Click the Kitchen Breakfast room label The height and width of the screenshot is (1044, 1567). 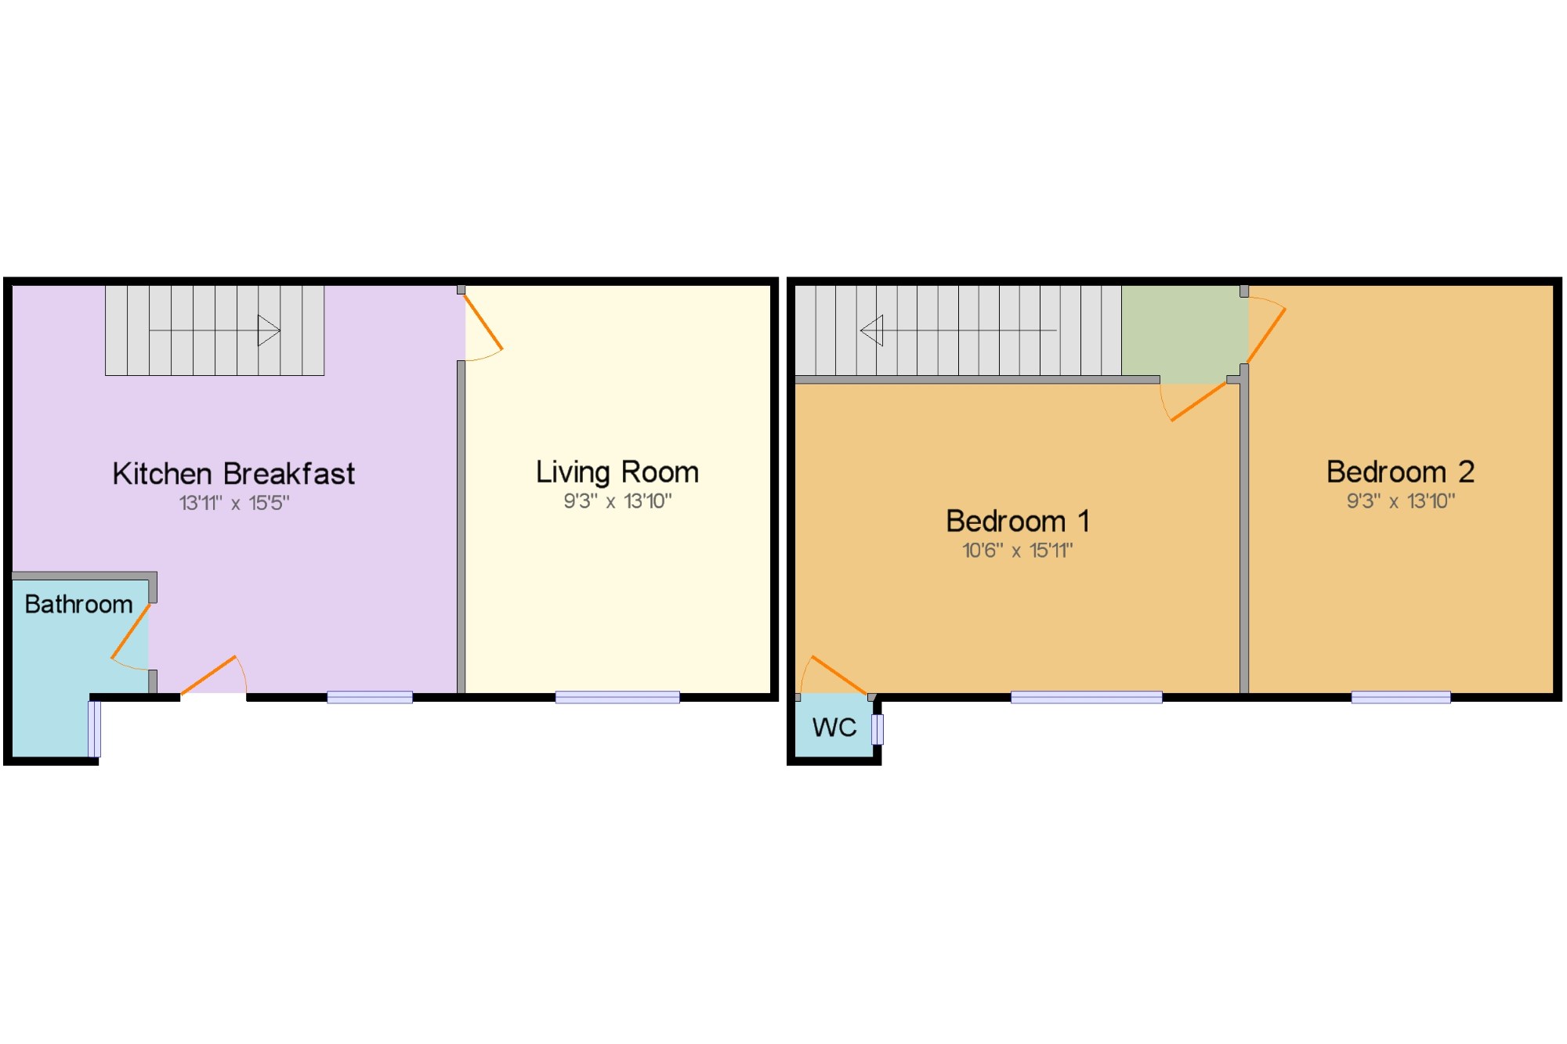point(233,474)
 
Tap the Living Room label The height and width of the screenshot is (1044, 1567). point(617,472)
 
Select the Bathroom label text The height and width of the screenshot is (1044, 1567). point(78,604)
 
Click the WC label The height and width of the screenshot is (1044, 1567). point(834,728)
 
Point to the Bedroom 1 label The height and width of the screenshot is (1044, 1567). point(1018,521)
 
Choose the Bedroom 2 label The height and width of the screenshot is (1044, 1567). point(1401,471)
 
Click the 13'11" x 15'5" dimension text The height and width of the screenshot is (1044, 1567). point(234,503)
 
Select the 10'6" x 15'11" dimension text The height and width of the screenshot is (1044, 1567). point(1018,551)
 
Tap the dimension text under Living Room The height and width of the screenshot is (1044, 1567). point(617,501)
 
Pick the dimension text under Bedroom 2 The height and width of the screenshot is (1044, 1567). point(1401,501)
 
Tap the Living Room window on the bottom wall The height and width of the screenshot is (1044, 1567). point(617,698)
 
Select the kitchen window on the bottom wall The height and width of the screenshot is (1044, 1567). point(370,698)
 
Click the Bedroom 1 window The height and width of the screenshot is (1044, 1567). point(1086,698)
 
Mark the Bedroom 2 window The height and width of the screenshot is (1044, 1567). point(1401,698)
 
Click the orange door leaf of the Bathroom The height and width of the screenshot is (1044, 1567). point(130,631)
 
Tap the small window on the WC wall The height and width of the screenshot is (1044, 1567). point(878,729)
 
